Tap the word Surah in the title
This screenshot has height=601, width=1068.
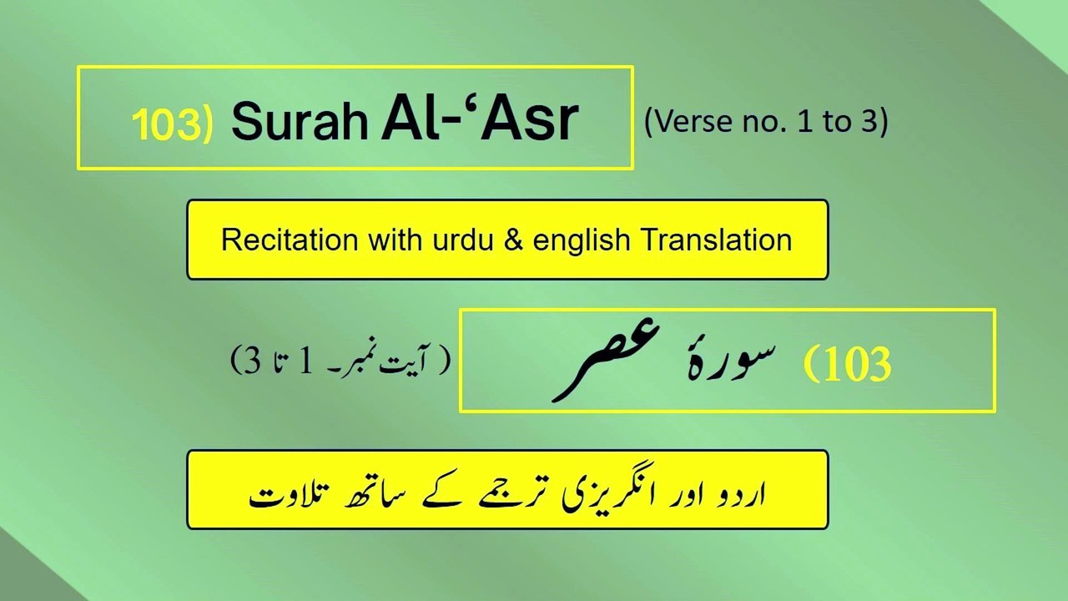tap(299, 121)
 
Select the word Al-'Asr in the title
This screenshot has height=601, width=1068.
tap(479, 119)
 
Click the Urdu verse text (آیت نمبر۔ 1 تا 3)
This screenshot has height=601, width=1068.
tap(340, 361)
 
